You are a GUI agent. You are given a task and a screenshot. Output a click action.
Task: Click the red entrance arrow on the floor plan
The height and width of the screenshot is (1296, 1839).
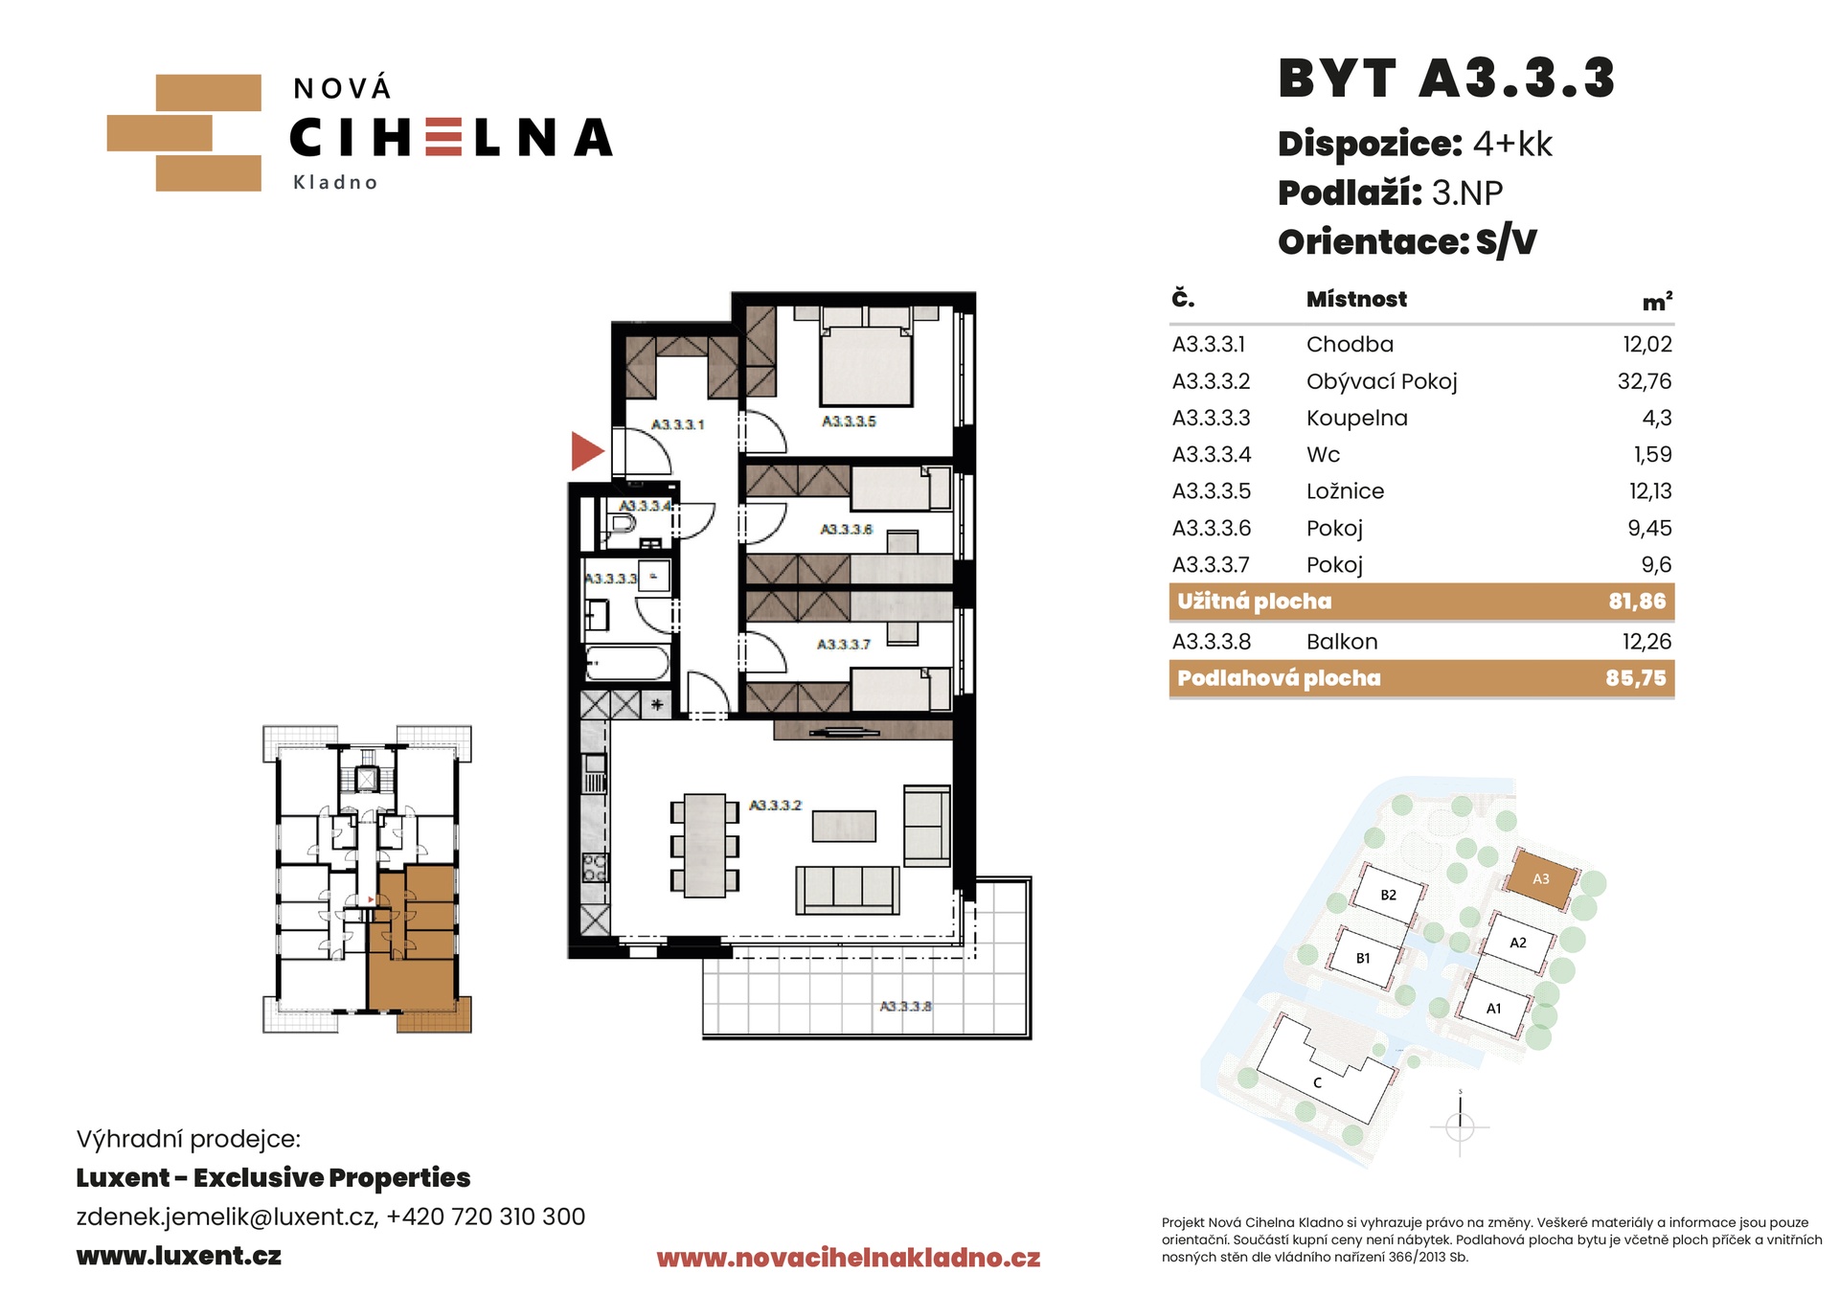coord(586,450)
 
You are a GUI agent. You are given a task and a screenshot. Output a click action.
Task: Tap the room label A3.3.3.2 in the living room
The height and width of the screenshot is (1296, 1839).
coord(775,806)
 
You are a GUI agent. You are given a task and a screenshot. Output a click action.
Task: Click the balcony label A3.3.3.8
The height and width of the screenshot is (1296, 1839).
coord(905,1006)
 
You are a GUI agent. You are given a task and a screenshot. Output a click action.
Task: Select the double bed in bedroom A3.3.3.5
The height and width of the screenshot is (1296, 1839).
coord(865,362)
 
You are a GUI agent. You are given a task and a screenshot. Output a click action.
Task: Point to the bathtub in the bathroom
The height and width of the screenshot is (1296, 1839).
coord(627,664)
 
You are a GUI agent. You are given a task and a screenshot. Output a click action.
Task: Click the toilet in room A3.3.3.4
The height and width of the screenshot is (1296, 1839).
coord(620,524)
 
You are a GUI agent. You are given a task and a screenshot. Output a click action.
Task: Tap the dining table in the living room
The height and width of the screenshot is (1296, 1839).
coord(705,845)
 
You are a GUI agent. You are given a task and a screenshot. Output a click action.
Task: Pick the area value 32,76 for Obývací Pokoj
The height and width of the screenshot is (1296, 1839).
coord(1645,381)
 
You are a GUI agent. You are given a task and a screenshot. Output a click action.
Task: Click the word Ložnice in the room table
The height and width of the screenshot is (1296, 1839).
coord(1345,491)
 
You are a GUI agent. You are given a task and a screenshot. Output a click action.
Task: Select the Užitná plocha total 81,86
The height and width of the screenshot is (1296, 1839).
coord(1637,602)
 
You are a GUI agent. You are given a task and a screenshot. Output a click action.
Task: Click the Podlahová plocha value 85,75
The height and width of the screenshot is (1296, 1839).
coord(1636,678)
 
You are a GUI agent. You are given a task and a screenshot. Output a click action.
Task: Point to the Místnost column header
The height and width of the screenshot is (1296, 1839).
coord(1356,299)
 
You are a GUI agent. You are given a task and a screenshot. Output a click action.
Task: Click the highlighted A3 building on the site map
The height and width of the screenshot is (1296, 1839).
coord(1540,878)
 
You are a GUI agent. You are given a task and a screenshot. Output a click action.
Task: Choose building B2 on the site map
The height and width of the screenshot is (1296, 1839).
coord(1387,894)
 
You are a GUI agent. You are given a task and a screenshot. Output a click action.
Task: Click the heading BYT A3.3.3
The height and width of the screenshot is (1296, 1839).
coord(1446,79)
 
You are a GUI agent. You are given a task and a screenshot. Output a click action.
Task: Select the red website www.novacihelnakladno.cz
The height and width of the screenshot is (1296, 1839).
coord(848,1258)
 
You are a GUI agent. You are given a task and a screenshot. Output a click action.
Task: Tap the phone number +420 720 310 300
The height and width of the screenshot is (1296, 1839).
coord(486,1216)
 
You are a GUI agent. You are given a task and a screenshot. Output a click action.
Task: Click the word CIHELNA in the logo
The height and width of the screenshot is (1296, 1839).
coord(451,138)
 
